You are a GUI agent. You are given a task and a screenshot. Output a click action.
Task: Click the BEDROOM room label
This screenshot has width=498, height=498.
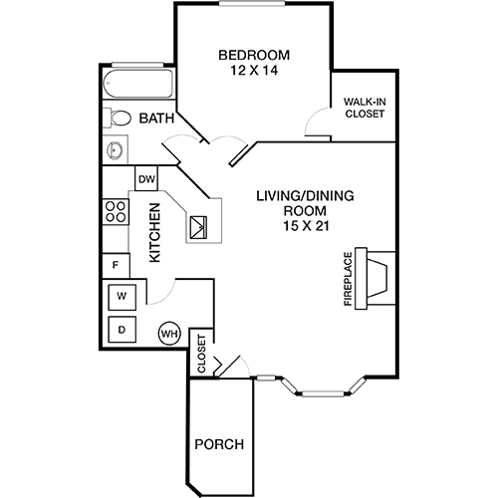click(x=254, y=54)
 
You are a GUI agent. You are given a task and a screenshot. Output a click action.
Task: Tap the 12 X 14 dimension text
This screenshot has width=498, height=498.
click(x=254, y=71)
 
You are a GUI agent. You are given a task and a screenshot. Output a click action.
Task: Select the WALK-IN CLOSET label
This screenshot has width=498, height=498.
click(x=364, y=107)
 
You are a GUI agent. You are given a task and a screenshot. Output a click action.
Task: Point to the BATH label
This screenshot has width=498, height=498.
click(x=155, y=119)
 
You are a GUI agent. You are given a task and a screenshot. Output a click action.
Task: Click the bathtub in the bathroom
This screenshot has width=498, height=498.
click(x=138, y=84)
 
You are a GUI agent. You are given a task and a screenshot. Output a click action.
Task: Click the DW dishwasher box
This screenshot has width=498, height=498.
click(x=146, y=179)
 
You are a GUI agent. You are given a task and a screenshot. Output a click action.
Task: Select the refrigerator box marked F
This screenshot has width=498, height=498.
click(x=117, y=265)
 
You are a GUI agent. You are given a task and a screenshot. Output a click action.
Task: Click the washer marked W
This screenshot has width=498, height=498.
click(x=122, y=297)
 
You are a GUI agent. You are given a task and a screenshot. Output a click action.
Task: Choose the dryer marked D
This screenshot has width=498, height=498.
click(x=122, y=330)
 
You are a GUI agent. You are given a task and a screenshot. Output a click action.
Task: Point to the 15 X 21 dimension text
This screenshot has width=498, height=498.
click(x=290, y=227)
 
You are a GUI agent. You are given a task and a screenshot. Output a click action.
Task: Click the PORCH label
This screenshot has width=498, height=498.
click(x=218, y=444)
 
